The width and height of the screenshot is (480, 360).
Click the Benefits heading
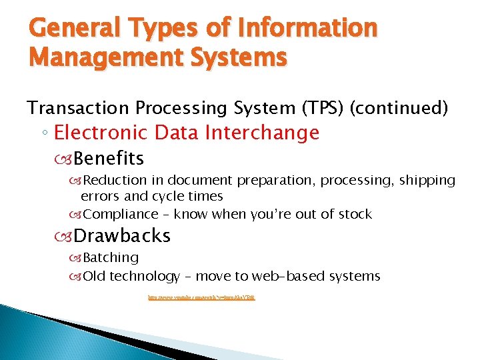[109, 159]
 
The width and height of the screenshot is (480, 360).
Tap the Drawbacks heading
[122, 236]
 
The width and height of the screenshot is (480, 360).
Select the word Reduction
[124, 181]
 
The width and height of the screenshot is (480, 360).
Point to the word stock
[355, 215]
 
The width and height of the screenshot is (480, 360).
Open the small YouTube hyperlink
[201, 298]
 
